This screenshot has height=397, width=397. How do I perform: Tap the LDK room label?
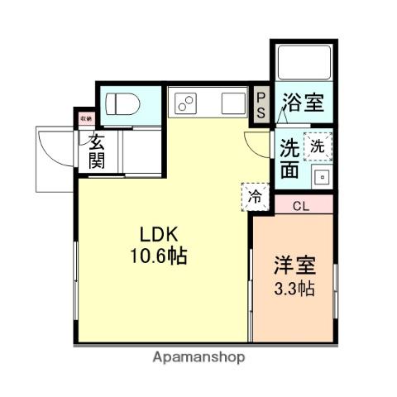tap(161, 235)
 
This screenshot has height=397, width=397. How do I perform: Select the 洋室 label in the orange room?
tap(294, 268)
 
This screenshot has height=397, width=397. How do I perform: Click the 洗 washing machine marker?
tap(318, 146)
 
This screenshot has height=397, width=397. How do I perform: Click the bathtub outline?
tap(303, 62)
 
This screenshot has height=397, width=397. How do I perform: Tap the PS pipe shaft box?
tap(261, 105)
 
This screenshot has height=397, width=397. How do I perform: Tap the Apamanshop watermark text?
tap(198, 357)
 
